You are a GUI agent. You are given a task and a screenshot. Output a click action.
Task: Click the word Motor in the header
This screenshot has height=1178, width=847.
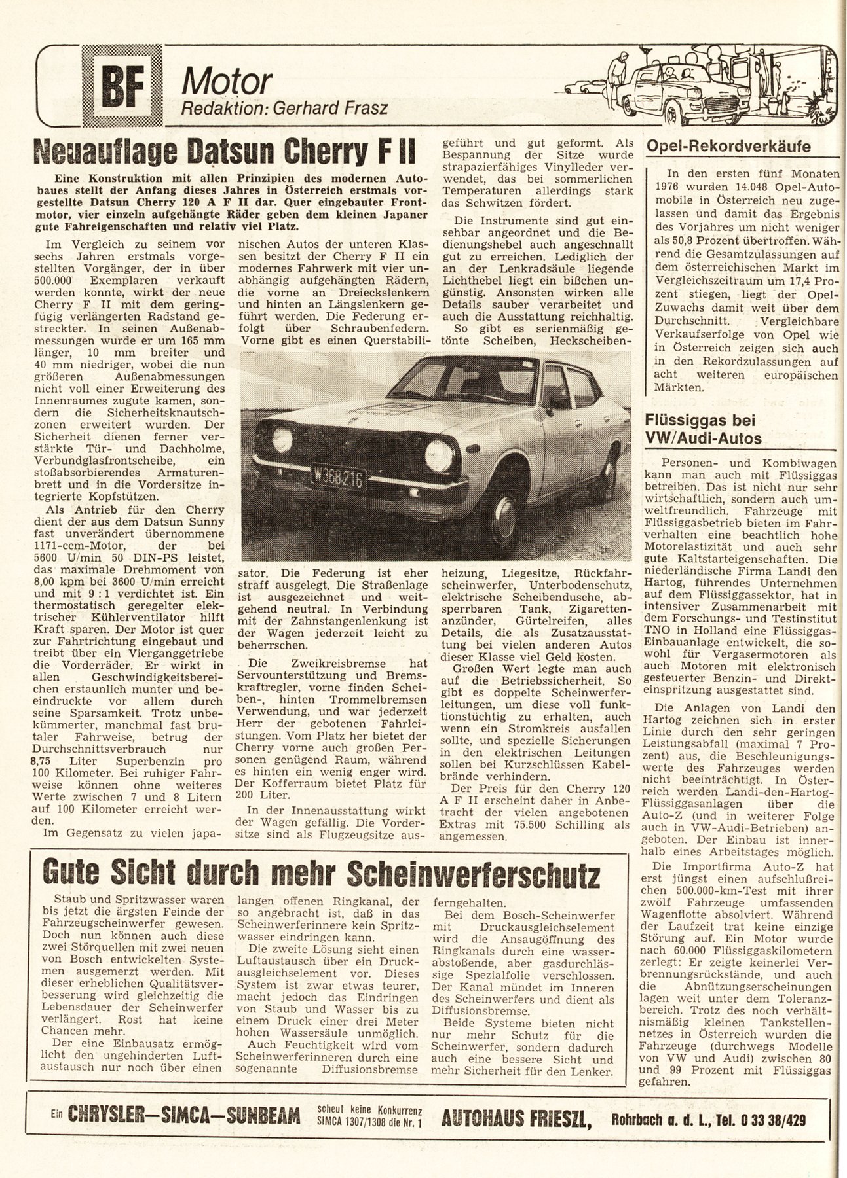pyautogui.click(x=227, y=82)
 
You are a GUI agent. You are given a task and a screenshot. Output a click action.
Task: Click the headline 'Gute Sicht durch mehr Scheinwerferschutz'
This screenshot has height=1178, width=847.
pyautogui.click(x=320, y=874)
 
